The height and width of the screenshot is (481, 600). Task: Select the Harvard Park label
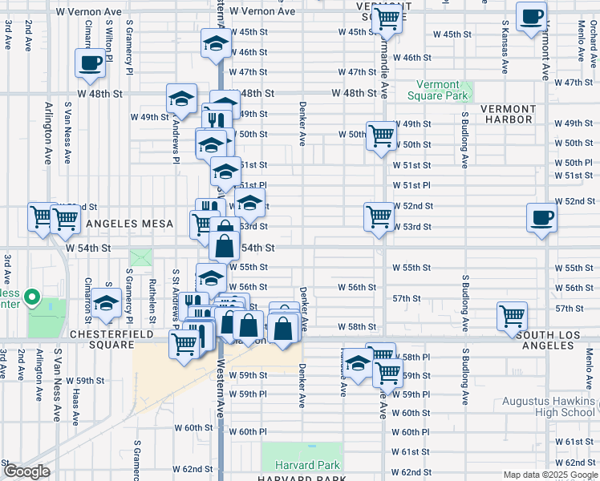pyautogui.click(x=307, y=466)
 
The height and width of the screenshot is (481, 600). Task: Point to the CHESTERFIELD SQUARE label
pyautogui.click(x=101, y=338)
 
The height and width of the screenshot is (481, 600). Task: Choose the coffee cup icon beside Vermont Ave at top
pyautogui.click(x=531, y=18)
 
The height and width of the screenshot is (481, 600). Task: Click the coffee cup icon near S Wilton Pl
pyautogui.click(x=91, y=63)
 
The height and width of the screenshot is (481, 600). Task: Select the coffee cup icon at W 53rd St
pyautogui.click(x=541, y=217)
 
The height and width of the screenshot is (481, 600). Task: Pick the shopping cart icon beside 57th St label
pyautogui.click(x=512, y=315)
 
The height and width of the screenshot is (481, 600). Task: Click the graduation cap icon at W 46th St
pyautogui.click(x=215, y=45)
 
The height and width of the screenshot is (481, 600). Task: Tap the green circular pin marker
pyautogui.click(x=32, y=298)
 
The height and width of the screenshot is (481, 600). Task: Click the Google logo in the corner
pyautogui.click(x=26, y=471)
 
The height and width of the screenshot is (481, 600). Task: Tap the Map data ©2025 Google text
pyautogui.click(x=550, y=474)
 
